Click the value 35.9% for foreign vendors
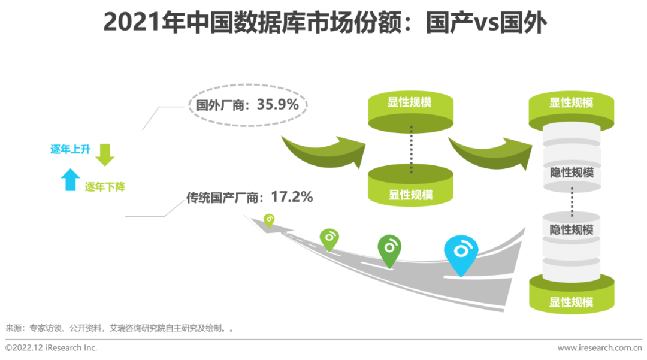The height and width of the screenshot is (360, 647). (x=278, y=104)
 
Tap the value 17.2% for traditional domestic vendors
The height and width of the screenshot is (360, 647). (x=292, y=196)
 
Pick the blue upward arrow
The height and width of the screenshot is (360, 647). (x=71, y=179)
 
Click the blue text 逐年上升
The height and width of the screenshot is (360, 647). (x=70, y=149)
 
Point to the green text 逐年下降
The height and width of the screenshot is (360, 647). (x=105, y=187)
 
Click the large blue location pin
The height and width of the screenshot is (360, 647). (x=461, y=252)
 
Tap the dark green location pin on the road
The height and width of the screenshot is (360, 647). (x=389, y=249)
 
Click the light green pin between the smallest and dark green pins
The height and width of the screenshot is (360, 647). (x=329, y=238)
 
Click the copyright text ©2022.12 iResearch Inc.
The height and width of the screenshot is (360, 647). (x=51, y=347)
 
